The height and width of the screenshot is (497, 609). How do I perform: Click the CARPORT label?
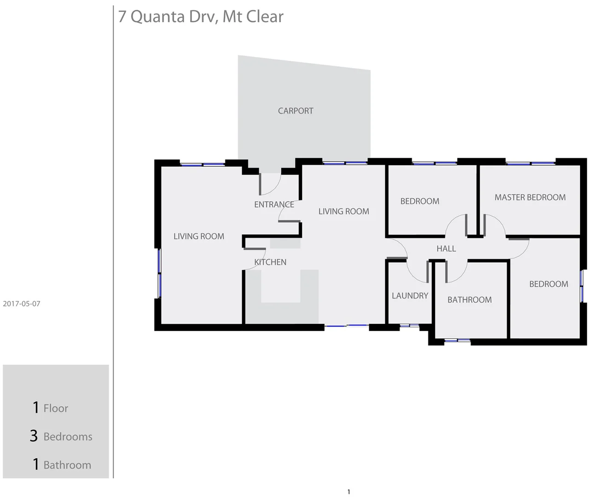[x=296, y=111]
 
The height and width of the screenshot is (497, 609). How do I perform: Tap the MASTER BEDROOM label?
[x=530, y=197]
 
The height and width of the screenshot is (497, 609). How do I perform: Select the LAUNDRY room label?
[x=410, y=296]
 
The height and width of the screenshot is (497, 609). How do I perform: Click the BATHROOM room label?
[x=469, y=300]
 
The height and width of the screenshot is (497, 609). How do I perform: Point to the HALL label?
[x=446, y=249]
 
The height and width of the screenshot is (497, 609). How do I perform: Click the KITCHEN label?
[x=270, y=262]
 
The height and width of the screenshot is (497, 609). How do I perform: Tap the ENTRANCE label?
[x=274, y=205]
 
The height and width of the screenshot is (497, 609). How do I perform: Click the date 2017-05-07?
[x=22, y=304]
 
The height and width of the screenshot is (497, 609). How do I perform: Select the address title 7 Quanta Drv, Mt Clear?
[x=201, y=17]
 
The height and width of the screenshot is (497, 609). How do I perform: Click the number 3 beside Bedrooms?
[x=34, y=436]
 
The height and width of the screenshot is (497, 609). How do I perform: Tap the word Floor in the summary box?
[x=56, y=408]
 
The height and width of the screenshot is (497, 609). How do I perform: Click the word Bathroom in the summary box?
[x=67, y=465]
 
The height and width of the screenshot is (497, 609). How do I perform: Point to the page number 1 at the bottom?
[x=348, y=492]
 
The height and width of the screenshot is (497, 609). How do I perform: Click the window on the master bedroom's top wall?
[x=530, y=163]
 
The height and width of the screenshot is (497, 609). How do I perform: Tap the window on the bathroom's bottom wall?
[x=457, y=341]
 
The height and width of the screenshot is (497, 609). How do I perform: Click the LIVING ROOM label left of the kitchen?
[x=199, y=237]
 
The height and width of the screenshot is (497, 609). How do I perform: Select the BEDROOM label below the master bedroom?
[x=548, y=284]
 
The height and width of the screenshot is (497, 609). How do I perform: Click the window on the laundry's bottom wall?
[x=409, y=326]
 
